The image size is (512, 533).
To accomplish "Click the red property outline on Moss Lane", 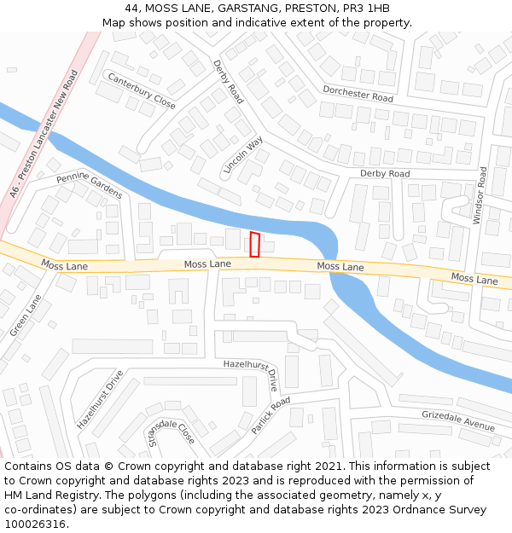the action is [254, 244].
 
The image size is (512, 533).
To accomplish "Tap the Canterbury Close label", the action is [141, 90].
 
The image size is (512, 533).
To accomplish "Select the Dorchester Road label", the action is [358, 94].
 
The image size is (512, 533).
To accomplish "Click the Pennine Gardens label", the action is [90, 185].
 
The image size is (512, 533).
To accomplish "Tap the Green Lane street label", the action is [26, 315].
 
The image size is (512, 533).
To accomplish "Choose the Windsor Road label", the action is [480, 195].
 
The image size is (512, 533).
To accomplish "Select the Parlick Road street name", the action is [271, 415].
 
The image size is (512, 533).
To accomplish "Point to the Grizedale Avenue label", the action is [458, 420].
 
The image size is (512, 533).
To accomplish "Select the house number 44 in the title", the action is [130, 9].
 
